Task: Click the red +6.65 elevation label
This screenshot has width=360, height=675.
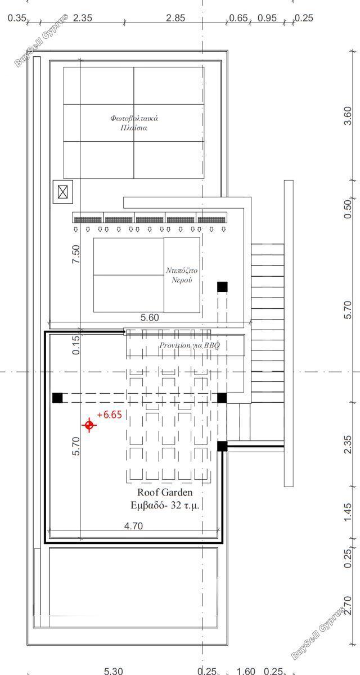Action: (x=109, y=415)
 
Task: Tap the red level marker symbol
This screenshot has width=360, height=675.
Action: (x=89, y=425)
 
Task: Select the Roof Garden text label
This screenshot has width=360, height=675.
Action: (x=165, y=492)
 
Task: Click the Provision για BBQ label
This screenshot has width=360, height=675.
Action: (x=190, y=345)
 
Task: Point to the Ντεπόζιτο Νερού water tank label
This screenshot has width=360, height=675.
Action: (x=182, y=275)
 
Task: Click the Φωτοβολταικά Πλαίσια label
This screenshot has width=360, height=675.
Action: (x=134, y=123)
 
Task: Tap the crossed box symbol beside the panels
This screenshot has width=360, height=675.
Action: (x=63, y=192)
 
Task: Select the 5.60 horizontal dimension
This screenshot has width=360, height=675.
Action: (x=150, y=317)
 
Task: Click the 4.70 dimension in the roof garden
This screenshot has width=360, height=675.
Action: (x=133, y=526)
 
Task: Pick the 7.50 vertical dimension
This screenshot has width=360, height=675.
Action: (x=76, y=254)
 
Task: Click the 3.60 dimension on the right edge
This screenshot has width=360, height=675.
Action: (x=348, y=116)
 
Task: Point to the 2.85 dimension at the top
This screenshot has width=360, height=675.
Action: (x=175, y=18)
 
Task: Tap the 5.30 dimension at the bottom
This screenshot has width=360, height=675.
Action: (x=113, y=670)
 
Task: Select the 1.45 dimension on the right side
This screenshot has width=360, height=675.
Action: (x=348, y=512)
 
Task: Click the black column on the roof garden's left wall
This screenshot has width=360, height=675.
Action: (x=57, y=398)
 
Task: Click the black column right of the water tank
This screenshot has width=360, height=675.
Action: (x=222, y=286)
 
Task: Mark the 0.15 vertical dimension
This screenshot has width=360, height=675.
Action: (x=76, y=345)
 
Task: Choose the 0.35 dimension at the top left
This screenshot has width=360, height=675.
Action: (x=17, y=18)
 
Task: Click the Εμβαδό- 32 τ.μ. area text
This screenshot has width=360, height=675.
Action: (x=165, y=505)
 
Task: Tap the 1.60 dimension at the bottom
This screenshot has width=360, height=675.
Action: (x=246, y=670)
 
